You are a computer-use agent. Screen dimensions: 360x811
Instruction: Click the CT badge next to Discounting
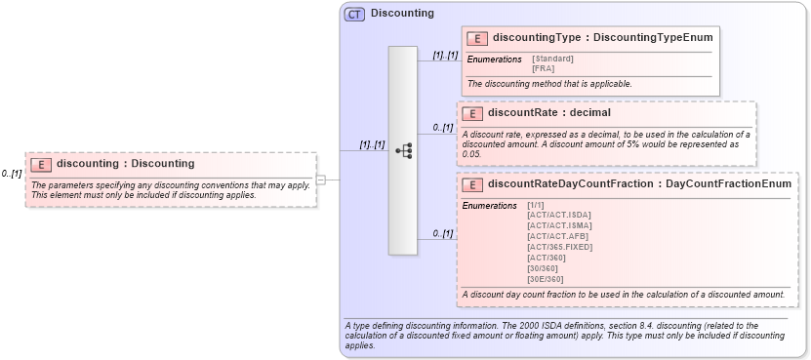click(354, 15)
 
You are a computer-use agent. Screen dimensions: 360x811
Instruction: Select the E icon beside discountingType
click(477, 38)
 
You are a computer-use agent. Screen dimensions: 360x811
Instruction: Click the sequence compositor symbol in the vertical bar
click(402, 151)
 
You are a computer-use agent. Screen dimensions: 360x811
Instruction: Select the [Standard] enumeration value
click(552, 60)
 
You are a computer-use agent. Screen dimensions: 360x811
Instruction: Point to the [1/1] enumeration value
click(536, 205)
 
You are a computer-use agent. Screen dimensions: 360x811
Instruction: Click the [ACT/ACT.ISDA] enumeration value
click(558, 215)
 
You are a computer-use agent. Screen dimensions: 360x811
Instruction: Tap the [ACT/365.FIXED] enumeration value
click(559, 247)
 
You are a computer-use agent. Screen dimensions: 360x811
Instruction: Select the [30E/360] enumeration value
click(545, 279)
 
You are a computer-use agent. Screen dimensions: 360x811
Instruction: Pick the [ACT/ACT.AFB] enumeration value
click(557, 236)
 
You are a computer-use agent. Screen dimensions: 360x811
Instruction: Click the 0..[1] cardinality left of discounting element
click(11, 174)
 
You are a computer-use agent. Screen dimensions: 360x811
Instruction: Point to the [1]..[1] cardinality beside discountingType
click(444, 56)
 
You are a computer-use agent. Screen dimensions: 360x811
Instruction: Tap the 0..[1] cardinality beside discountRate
click(442, 127)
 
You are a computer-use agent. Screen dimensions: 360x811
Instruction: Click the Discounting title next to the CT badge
click(402, 14)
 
